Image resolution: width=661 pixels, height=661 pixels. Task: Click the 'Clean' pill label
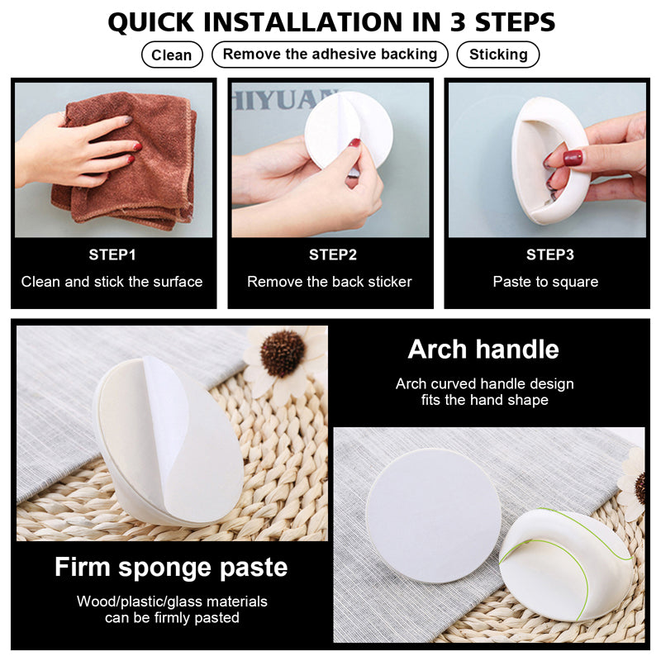[x=172, y=55]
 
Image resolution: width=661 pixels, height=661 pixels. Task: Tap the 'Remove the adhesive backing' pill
[x=330, y=55]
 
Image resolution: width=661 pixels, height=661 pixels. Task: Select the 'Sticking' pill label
[x=498, y=55]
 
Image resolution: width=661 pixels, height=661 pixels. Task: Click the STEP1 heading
[x=112, y=254]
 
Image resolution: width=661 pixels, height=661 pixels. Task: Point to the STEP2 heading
[x=333, y=254]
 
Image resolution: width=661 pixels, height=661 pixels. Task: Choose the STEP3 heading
[x=549, y=254]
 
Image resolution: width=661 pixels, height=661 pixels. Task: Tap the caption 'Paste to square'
[x=545, y=282]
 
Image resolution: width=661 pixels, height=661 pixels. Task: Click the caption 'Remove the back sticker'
[x=329, y=282]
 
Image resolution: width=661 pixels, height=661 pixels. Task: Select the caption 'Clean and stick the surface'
[x=112, y=282]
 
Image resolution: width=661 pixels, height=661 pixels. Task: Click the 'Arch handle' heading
[x=483, y=349]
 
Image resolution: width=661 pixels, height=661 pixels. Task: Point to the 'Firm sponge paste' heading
[x=171, y=567]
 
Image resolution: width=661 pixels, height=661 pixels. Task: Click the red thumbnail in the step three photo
[x=573, y=159]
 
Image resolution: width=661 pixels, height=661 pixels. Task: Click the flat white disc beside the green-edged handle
[x=433, y=515]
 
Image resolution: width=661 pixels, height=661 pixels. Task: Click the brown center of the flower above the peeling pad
[x=283, y=354]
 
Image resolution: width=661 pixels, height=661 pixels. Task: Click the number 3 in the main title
[x=458, y=22]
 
